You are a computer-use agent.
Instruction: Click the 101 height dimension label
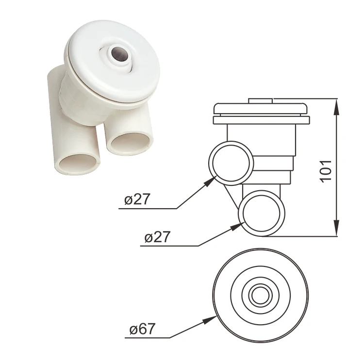(x=326, y=169)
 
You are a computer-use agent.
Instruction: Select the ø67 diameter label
(x=142, y=330)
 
